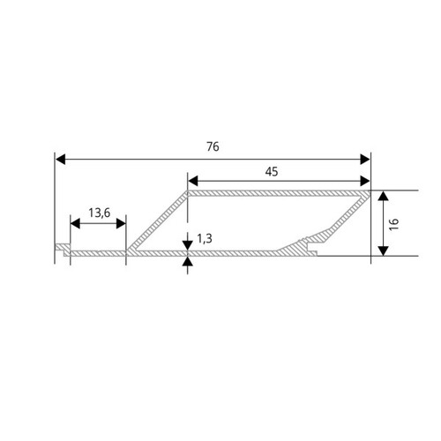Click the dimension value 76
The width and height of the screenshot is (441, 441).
point(213,146)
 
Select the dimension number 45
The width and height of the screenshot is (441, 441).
point(271,173)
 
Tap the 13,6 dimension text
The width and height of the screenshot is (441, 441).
point(101,213)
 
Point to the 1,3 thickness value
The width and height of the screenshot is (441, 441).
point(205,237)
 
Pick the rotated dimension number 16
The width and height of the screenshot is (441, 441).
point(394,223)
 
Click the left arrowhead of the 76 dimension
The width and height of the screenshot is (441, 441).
point(60,159)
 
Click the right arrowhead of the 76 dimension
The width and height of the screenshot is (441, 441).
point(365,159)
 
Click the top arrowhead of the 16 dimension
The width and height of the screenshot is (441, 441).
point(381,196)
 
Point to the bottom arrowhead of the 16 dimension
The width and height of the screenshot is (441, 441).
point(381,250)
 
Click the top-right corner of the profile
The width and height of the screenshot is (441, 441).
point(369,191)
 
